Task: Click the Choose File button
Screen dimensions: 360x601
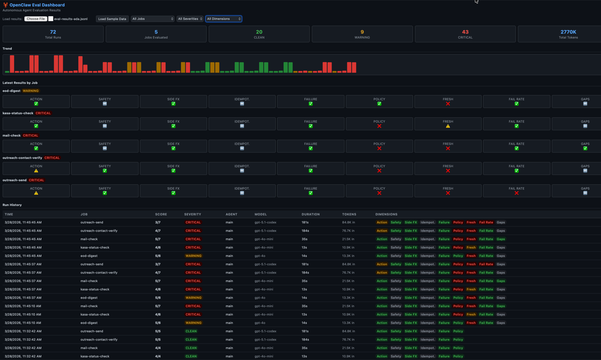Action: point(36,19)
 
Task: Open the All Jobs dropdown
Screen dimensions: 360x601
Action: point(152,19)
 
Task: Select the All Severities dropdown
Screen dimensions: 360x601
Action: point(190,19)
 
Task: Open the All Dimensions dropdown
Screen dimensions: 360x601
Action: point(223,19)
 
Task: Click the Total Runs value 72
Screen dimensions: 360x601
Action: point(53,32)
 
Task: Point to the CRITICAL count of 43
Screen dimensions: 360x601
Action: point(465,32)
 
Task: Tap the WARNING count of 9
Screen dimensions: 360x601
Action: point(362,32)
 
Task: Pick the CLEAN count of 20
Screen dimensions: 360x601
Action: point(259,32)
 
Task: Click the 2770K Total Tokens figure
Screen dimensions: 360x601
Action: point(568,32)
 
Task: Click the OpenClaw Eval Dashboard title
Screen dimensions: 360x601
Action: point(37,5)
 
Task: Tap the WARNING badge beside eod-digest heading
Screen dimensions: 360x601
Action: point(31,91)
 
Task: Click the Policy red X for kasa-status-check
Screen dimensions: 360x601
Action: point(379,126)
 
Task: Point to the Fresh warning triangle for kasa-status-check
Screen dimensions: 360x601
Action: point(448,126)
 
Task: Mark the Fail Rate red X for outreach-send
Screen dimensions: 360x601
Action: point(516,193)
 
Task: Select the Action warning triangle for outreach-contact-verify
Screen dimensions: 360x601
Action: point(36,171)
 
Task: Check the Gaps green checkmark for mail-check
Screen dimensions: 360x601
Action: point(585,148)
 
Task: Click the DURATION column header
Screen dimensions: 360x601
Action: point(311,214)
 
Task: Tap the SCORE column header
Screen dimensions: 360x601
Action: point(161,214)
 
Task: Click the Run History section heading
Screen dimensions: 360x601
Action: point(12,205)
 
